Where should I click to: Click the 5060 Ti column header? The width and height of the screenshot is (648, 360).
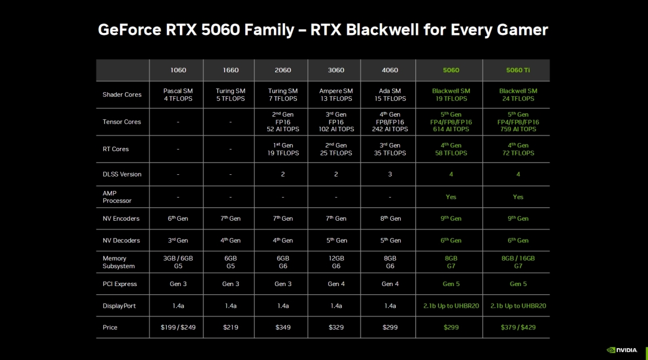[x=518, y=70]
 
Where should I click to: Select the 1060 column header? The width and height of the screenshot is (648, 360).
[x=178, y=70]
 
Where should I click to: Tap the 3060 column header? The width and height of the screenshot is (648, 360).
[x=336, y=70]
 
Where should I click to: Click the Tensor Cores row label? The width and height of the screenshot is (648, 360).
[x=122, y=122]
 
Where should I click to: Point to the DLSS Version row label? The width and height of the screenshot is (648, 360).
[x=122, y=174]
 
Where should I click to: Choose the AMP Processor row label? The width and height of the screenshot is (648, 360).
[x=117, y=197]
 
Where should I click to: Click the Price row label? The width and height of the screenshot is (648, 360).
[x=110, y=327]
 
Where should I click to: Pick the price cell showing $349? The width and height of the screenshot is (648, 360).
[x=282, y=327]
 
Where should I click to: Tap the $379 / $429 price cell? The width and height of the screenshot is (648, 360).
[x=518, y=327]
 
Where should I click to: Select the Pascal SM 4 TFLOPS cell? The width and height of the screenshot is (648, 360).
[x=178, y=95]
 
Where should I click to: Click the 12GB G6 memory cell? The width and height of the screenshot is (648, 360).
[x=336, y=262]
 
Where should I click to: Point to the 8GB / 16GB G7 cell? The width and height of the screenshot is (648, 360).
[x=518, y=262]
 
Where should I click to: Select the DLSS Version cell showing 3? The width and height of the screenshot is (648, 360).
[x=390, y=174]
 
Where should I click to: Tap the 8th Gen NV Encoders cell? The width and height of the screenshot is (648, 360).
[x=390, y=218]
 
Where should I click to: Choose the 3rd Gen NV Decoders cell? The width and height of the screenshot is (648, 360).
[x=178, y=240]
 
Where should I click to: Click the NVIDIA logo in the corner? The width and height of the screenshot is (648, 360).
[x=622, y=350]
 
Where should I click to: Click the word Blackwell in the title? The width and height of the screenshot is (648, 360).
[x=382, y=30]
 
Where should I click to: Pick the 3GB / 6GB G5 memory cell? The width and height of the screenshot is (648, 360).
[x=178, y=262]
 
